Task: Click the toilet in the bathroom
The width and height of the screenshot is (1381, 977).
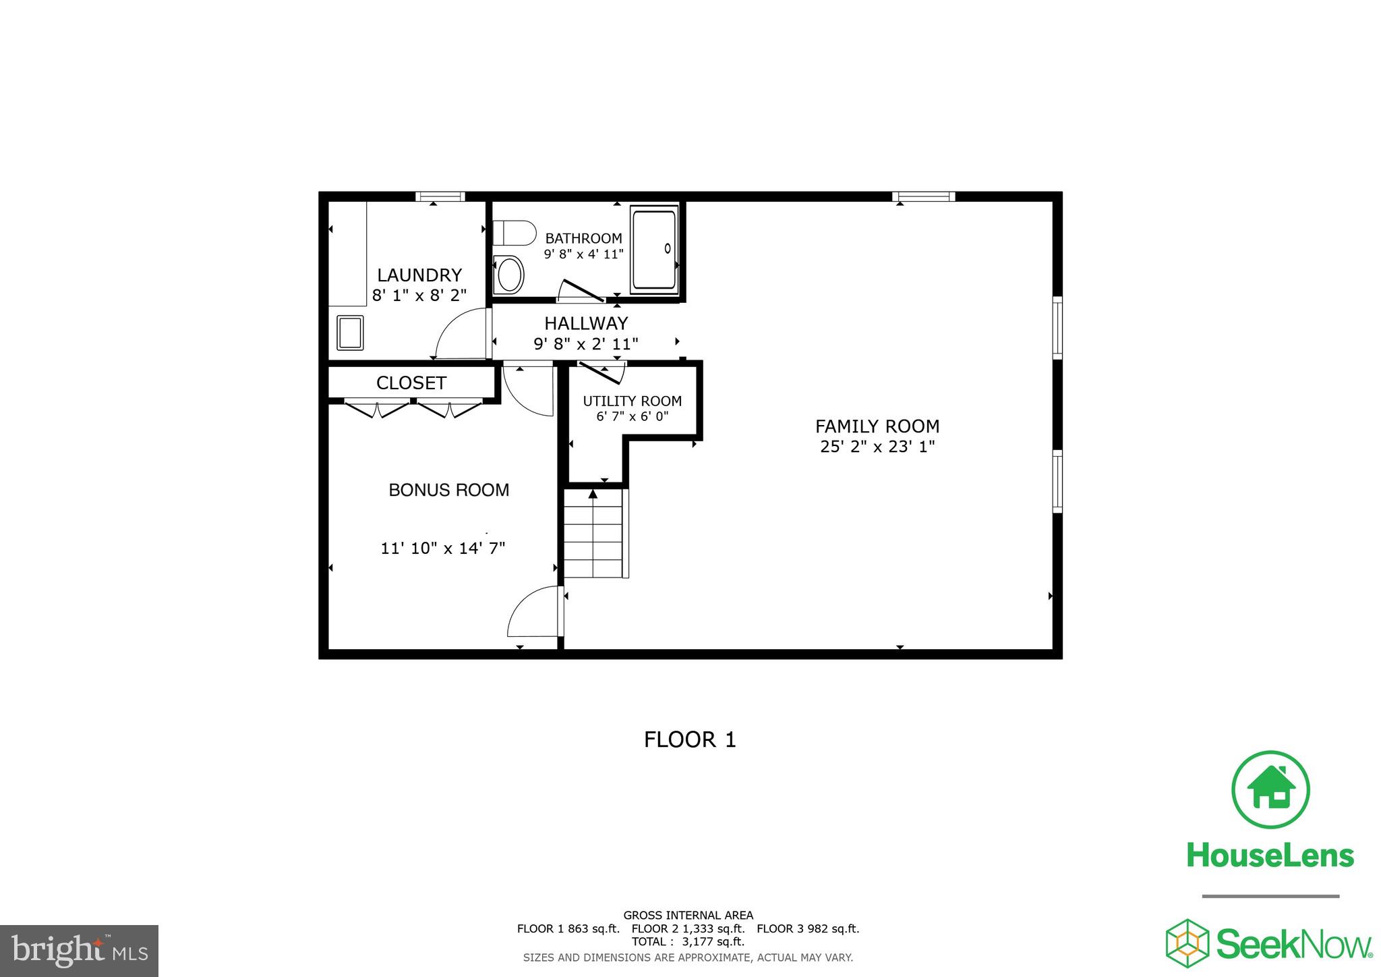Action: click(x=514, y=233)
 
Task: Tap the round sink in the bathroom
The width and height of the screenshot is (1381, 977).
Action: click(x=510, y=275)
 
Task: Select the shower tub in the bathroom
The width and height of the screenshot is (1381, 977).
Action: click(x=653, y=250)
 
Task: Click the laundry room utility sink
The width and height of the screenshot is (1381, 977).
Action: click(x=350, y=333)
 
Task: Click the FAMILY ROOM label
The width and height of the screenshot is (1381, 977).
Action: click(x=877, y=426)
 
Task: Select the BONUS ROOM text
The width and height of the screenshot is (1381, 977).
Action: click(x=448, y=490)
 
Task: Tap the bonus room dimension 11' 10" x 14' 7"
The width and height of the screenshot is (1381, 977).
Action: click(x=442, y=548)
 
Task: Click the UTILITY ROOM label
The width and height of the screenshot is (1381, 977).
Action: click(x=632, y=401)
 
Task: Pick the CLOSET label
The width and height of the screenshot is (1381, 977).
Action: click(x=411, y=383)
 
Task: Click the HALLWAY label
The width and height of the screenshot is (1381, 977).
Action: click(x=586, y=323)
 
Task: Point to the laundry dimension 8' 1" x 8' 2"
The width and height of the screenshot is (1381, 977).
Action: click(x=419, y=295)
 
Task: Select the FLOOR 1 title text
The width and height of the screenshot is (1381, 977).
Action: click(x=690, y=739)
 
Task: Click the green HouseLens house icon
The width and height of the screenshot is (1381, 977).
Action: click(x=1270, y=789)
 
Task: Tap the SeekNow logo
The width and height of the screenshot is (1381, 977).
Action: click(x=1269, y=943)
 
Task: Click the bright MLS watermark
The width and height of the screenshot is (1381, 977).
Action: click(x=79, y=951)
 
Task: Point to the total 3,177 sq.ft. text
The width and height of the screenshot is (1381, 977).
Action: click(x=688, y=942)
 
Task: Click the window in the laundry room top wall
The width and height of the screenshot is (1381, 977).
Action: click(x=440, y=196)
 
